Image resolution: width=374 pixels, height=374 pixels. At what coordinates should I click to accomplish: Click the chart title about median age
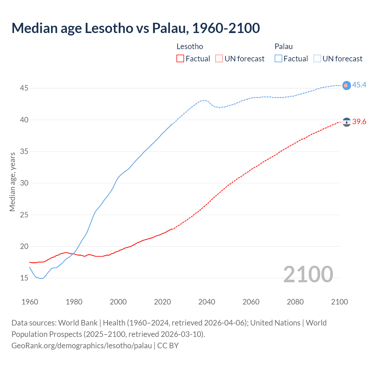click(136, 28)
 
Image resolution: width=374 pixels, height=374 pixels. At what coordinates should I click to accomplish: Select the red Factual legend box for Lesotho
click(180, 58)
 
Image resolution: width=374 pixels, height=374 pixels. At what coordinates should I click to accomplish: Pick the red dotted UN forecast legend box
click(219, 58)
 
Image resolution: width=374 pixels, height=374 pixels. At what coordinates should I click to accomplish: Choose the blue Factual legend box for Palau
click(278, 58)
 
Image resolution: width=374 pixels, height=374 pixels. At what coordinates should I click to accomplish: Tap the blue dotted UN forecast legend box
click(317, 58)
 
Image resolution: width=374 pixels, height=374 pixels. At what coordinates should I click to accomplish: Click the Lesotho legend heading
click(190, 46)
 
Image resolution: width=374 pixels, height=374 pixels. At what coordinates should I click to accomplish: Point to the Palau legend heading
click(283, 46)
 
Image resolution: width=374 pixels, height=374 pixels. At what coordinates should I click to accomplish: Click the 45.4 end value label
click(359, 85)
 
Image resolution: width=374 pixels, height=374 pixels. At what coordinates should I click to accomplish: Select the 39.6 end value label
click(359, 122)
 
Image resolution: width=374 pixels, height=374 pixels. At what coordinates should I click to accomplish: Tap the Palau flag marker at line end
click(347, 85)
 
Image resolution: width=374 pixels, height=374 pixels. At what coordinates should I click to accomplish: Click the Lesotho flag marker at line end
click(347, 122)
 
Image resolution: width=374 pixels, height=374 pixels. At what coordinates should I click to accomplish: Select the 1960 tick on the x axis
click(30, 302)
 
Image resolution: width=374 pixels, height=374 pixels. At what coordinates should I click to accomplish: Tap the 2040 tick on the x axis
click(207, 302)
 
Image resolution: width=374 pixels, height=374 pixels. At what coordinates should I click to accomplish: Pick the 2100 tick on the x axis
click(339, 302)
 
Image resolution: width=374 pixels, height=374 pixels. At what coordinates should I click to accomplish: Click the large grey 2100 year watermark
click(308, 274)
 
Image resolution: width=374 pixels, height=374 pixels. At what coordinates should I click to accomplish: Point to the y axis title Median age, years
click(12, 182)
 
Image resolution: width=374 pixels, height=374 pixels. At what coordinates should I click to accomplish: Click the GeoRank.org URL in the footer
click(82, 345)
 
